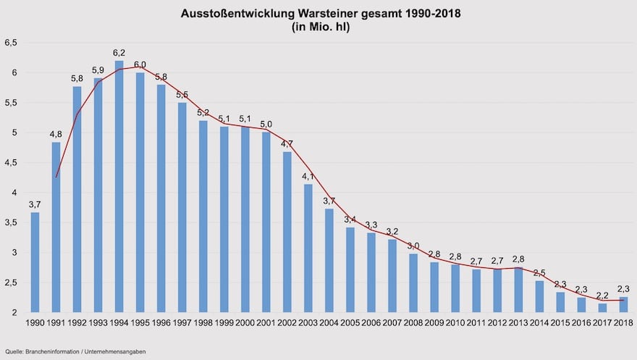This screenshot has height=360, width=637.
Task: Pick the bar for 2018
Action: [623, 305]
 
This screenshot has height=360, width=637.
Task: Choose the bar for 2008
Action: [413, 283]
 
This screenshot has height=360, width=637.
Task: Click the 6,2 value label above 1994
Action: [119, 53]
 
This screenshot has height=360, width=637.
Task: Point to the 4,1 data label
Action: [308, 177]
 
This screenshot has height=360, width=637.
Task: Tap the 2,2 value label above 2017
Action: [602, 296]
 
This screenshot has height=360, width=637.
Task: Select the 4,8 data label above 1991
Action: [56, 134]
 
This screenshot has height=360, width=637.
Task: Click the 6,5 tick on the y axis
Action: [11, 43]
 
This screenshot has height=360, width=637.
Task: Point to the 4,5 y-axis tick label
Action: [11, 163]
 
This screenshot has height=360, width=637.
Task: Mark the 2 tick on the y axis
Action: [14, 313]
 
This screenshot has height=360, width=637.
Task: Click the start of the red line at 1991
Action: [56, 177]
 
